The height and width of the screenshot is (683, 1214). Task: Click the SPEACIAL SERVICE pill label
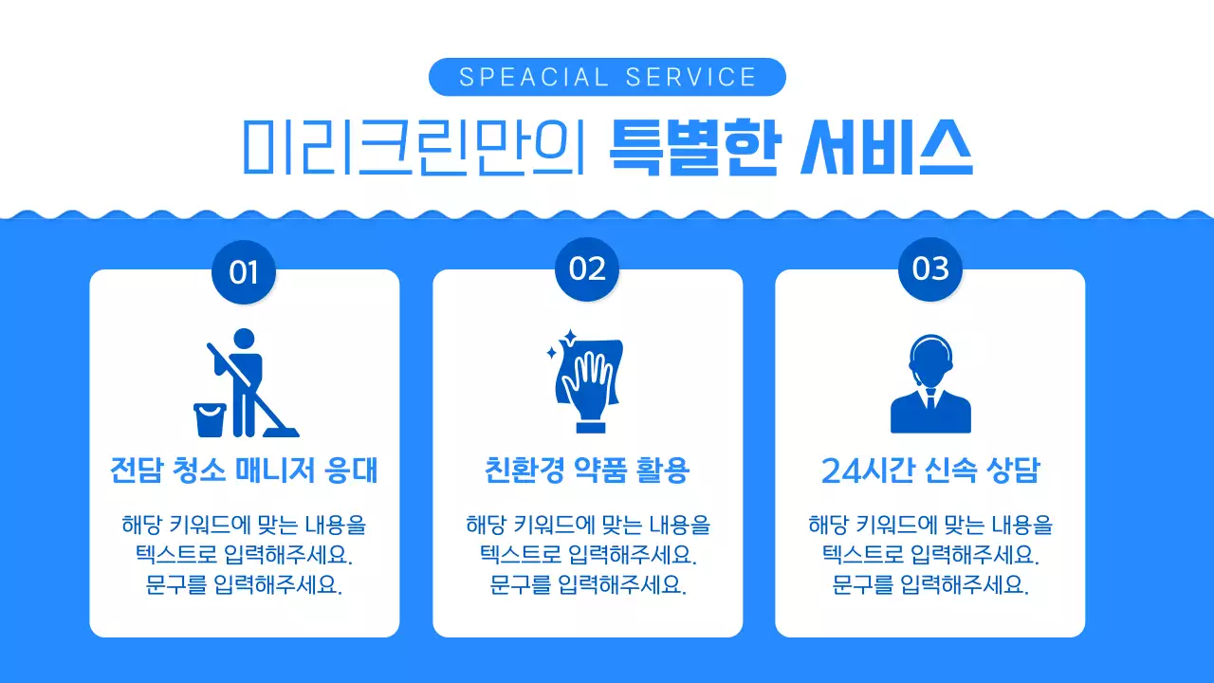coord(607,77)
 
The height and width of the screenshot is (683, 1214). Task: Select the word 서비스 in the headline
coord(887,147)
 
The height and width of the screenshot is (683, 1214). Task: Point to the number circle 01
coord(244,271)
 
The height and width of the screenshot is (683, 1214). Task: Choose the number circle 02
coord(587,269)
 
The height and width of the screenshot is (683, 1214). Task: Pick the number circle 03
coord(930,269)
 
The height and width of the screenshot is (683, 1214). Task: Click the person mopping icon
coord(245,379)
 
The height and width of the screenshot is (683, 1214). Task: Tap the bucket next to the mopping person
coord(209,419)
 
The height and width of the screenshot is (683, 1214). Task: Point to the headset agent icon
coord(930,384)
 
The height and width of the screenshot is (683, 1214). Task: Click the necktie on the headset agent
coord(930,400)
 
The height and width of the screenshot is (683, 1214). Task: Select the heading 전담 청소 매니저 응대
coord(244,471)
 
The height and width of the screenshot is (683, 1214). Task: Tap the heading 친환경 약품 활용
coord(587,471)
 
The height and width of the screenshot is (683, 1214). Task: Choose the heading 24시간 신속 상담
coord(930,471)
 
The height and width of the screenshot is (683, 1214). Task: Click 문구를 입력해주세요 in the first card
coord(244,584)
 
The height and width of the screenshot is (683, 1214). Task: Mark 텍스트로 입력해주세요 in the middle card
coord(587,554)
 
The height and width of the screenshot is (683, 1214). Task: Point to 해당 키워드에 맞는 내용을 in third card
coord(930,525)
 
